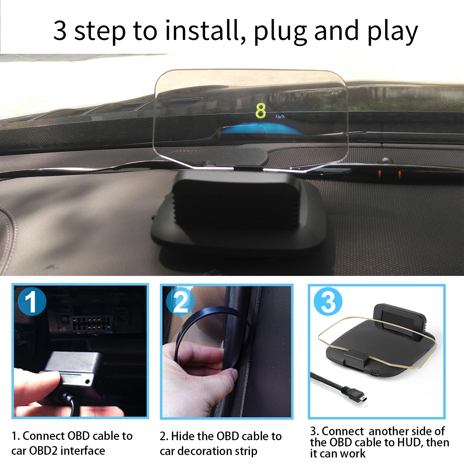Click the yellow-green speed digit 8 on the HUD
tap(260, 111)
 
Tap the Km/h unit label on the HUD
tap(280, 117)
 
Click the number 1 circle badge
tap(32, 301)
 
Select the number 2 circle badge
tap(180, 301)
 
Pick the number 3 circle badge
tap(328, 301)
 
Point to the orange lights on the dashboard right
tap(389, 174)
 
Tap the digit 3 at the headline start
tap(60, 31)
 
